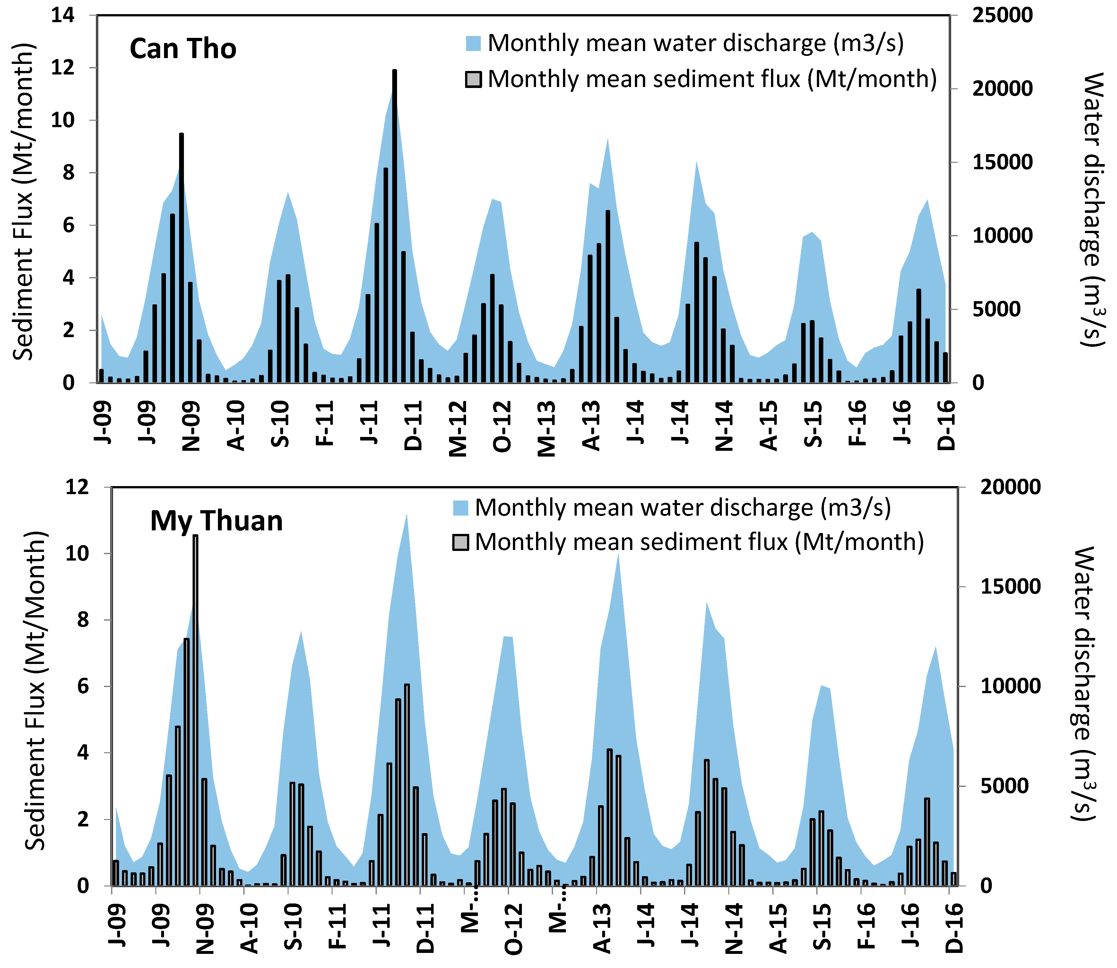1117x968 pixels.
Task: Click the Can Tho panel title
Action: [x=183, y=48]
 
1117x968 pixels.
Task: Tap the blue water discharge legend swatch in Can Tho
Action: [x=473, y=43]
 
